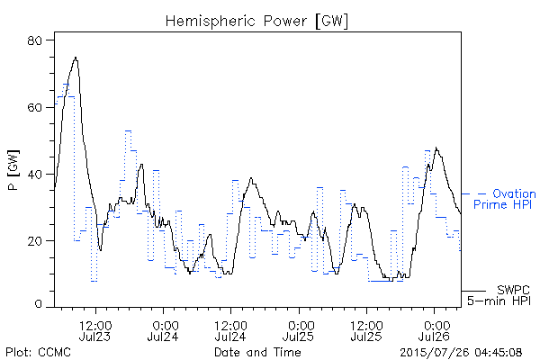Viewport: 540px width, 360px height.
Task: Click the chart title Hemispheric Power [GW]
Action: tap(256, 22)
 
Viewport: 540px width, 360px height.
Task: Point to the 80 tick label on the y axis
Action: tap(34, 40)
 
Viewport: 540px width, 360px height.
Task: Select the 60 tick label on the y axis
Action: tap(34, 107)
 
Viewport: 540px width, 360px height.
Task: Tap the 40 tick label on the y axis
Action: tap(34, 175)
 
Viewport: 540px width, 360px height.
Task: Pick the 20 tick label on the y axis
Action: tap(34, 241)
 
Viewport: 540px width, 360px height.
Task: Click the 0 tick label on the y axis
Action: tap(38, 304)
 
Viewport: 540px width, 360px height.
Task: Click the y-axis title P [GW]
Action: tap(13, 170)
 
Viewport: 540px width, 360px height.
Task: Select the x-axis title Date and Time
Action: tap(257, 352)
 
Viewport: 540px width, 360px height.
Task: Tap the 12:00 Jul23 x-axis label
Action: tap(95, 331)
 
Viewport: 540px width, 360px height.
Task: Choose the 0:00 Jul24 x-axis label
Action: tap(163, 331)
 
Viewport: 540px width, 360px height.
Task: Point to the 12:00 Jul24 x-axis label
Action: tap(230, 331)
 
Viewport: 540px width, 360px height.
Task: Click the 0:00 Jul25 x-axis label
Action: tap(299, 331)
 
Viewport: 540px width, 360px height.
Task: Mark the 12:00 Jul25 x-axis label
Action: tap(366, 331)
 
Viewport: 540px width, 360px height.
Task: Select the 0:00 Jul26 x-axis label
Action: tap(435, 331)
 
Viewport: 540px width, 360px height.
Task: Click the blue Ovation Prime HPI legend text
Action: tap(505, 199)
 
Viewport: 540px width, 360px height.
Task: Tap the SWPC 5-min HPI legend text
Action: tap(499, 295)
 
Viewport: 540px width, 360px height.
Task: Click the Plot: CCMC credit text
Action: tap(38, 352)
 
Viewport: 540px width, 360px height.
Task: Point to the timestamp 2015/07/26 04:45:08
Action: tap(461, 353)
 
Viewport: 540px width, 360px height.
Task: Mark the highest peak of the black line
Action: tap(76, 58)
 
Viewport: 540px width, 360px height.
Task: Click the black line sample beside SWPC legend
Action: tap(473, 292)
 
